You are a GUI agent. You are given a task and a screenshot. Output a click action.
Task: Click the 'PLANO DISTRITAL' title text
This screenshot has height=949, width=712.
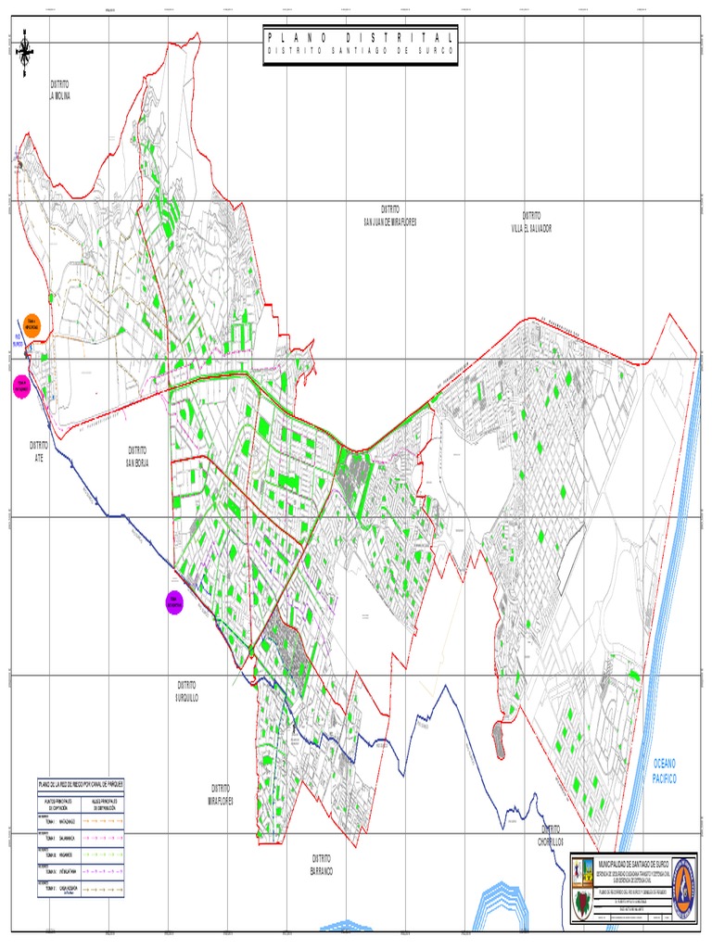361,37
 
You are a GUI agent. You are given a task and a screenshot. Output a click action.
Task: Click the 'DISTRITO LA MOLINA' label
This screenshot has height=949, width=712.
60,90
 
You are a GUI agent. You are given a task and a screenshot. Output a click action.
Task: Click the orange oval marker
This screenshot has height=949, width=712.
32,323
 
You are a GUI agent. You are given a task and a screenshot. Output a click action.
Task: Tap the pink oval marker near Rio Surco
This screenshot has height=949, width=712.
20,386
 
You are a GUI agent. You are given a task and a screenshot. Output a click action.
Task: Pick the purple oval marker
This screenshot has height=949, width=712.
173,601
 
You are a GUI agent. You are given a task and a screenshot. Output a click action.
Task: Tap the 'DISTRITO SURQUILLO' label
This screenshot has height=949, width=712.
187,690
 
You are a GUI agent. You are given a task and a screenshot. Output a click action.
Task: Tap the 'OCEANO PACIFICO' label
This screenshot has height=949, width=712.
665,771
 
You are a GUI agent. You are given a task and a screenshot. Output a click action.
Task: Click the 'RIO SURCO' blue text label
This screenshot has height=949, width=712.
18,340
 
